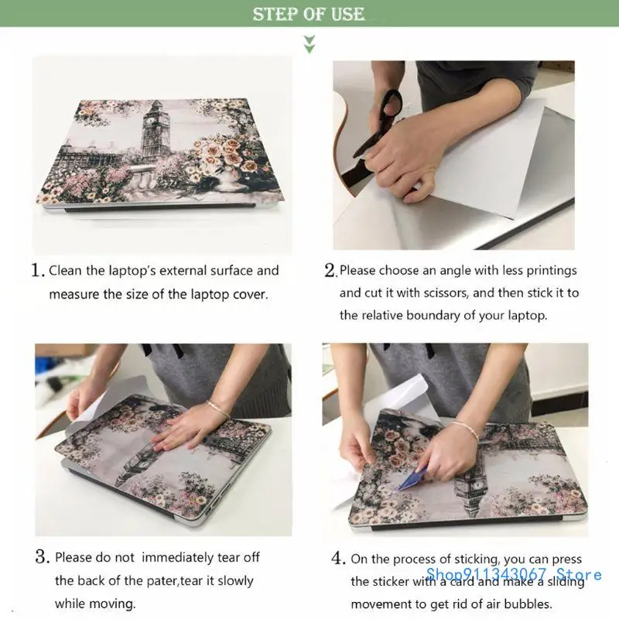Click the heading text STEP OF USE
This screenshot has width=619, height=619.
click(x=309, y=14)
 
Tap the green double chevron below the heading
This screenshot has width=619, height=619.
click(x=309, y=43)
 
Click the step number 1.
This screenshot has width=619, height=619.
click(x=37, y=272)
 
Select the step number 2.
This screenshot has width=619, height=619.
click(x=330, y=272)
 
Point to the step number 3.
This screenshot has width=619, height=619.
click(x=42, y=557)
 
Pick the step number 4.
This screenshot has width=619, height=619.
click(x=338, y=558)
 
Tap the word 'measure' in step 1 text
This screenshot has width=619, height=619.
click(x=74, y=295)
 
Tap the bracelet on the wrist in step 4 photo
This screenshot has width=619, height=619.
click(x=467, y=428)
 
